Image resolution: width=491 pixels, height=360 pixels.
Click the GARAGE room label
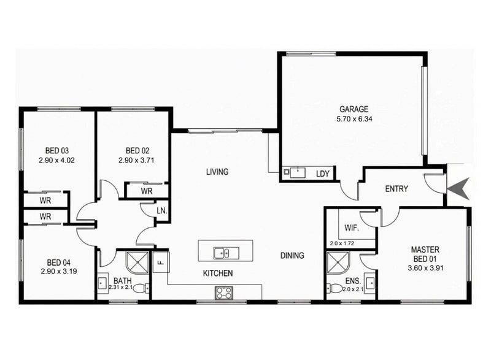tap(354, 109)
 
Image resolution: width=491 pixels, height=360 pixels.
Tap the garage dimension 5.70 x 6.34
tap(354, 119)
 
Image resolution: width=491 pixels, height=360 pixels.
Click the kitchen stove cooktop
tap(223, 293)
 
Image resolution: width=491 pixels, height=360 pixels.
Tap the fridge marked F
tap(161, 262)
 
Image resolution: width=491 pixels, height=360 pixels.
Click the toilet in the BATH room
tap(142, 288)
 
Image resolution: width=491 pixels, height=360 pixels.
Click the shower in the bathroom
tap(137, 262)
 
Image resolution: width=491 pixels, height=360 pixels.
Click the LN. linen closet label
tap(161, 211)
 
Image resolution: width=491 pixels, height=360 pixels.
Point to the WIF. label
tap(352, 228)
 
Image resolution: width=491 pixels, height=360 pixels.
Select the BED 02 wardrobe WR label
tap(147, 191)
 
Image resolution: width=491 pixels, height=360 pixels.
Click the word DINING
tap(292, 256)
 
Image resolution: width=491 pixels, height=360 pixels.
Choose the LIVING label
tap(217, 172)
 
